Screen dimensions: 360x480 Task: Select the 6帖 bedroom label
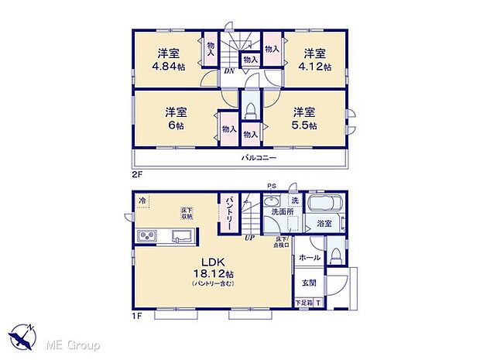click(x=174, y=125)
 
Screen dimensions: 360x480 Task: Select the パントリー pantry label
click(x=230, y=211)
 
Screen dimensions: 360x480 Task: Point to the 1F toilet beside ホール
click(x=335, y=253)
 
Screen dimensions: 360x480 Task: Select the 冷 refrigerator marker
click(x=142, y=201)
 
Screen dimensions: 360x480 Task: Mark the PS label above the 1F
click(x=271, y=186)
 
